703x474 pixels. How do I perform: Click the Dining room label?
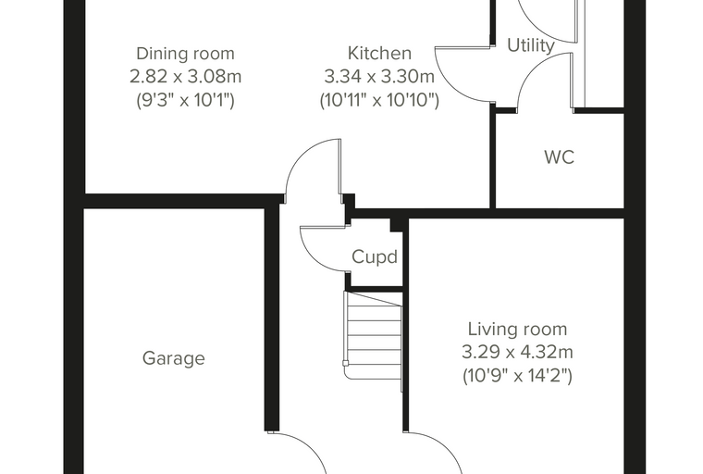point(185,54)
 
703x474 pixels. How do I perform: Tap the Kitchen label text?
point(380,53)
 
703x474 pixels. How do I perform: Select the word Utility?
point(531,45)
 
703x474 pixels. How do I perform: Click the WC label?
point(559,157)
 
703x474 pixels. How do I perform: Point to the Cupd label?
point(375,256)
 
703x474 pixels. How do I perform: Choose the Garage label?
point(174,358)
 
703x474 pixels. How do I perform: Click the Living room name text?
point(517,329)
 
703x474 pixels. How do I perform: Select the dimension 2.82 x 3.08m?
point(185,76)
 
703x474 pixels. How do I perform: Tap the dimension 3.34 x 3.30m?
point(379,76)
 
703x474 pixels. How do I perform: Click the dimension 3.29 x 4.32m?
point(517,352)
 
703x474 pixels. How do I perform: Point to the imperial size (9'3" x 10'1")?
point(185,100)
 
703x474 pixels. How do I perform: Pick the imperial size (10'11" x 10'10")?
point(379,100)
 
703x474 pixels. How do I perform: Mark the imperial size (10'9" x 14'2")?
point(517,375)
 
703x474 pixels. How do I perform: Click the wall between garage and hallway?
point(272,318)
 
